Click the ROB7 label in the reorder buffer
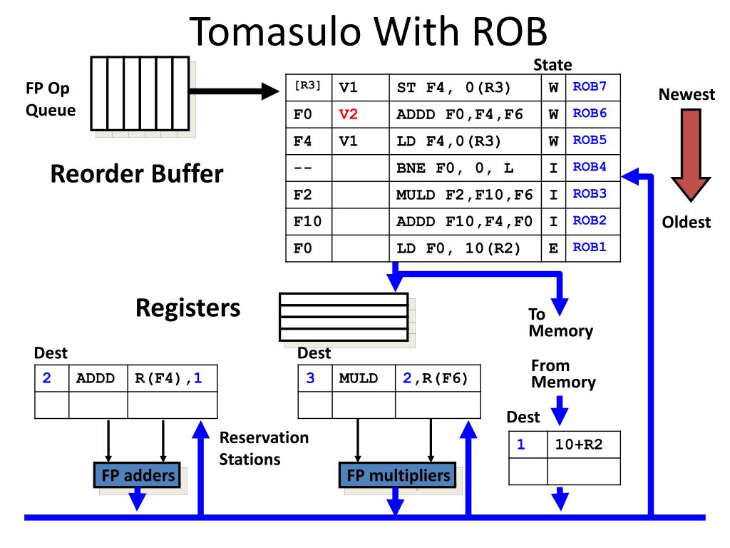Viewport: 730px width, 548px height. click(590, 86)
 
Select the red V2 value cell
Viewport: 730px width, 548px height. click(360, 114)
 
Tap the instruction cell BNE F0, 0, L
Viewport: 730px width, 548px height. click(465, 168)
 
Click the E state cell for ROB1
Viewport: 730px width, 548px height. click(553, 248)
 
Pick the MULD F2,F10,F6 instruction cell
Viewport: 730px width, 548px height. click(465, 195)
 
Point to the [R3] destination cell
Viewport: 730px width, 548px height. click(308, 87)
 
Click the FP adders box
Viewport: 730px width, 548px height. click(138, 475)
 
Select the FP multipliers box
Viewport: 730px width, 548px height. click(398, 475)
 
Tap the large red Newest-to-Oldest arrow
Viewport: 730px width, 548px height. click(691, 155)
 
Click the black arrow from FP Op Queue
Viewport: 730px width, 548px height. click(234, 91)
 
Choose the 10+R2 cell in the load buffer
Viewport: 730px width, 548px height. click(583, 445)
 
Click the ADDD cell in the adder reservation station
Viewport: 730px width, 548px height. click(98, 378)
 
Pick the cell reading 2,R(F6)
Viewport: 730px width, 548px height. click(438, 378)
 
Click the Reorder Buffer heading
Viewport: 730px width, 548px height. click(137, 174)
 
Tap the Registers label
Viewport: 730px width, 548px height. click(188, 308)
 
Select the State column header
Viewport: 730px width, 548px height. click(552, 65)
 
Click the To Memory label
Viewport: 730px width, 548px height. click(560, 323)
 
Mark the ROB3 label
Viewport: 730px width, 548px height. click(590, 194)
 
